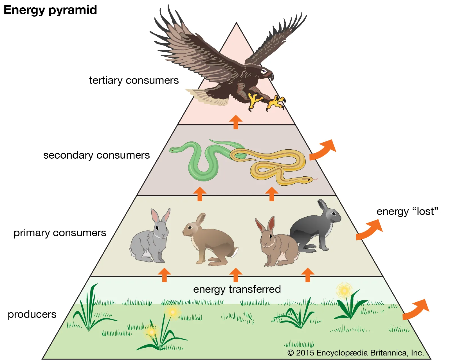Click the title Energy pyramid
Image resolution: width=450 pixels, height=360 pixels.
(x=50, y=10)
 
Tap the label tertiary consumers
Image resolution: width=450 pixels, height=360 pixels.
(x=134, y=80)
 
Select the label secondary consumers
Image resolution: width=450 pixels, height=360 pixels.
(x=96, y=155)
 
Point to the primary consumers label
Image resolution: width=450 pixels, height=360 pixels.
(x=60, y=233)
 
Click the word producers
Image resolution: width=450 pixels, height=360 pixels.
(x=32, y=314)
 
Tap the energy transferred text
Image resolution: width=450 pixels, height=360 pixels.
(x=237, y=289)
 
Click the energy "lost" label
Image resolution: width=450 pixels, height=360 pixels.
(x=407, y=211)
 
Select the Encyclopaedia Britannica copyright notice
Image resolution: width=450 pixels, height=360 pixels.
(x=355, y=353)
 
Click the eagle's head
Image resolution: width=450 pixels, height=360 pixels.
(x=265, y=72)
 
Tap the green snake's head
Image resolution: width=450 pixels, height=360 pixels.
(x=173, y=150)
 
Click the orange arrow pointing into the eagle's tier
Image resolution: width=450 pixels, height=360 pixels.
(x=236, y=122)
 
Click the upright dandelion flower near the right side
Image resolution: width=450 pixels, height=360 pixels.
(x=344, y=290)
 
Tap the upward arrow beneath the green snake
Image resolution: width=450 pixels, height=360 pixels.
(x=200, y=194)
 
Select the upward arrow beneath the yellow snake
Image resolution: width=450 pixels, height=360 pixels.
(x=272, y=194)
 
